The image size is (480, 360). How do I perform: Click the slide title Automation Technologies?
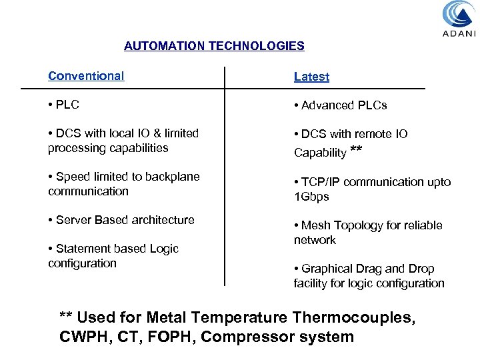(x=214, y=47)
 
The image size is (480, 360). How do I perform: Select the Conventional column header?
(x=86, y=76)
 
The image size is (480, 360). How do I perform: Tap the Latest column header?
(x=311, y=77)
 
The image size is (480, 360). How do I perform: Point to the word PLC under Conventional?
(x=67, y=105)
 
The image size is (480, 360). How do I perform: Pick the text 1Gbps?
(x=311, y=197)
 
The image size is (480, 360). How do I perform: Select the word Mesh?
(x=315, y=225)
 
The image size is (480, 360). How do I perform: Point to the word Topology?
(x=357, y=225)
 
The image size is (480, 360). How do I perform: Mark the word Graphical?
(x=326, y=269)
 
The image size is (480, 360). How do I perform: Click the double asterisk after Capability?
(x=356, y=151)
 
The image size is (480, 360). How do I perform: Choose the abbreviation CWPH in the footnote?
(x=85, y=337)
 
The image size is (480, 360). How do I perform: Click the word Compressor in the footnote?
(x=245, y=337)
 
